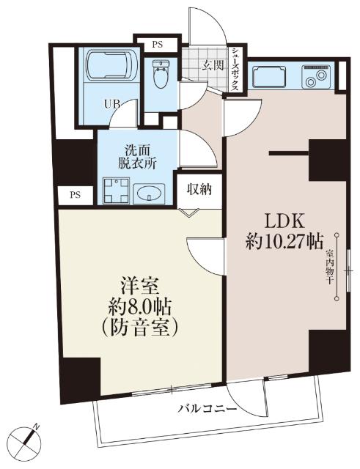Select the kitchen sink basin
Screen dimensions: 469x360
pyautogui.click(x=270, y=76)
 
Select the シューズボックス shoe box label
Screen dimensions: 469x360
pyautogui.click(x=235, y=69)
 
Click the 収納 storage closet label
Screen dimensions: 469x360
pyautogui.click(x=199, y=190)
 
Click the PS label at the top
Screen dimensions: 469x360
pyautogui.click(x=156, y=44)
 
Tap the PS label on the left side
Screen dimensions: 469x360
pyautogui.click(x=76, y=195)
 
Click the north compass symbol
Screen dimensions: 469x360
pyautogui.click(x=30, y=439)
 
